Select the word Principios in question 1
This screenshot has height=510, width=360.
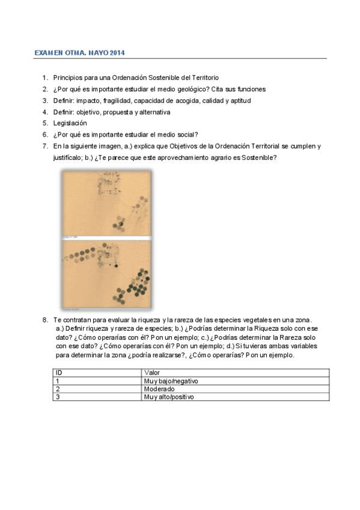point(68,78)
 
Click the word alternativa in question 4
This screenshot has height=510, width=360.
point(155,112)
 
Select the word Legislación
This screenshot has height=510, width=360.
point(70,123)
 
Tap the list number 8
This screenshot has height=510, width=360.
point(44,319)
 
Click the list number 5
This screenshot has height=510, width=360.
point(44,123)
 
